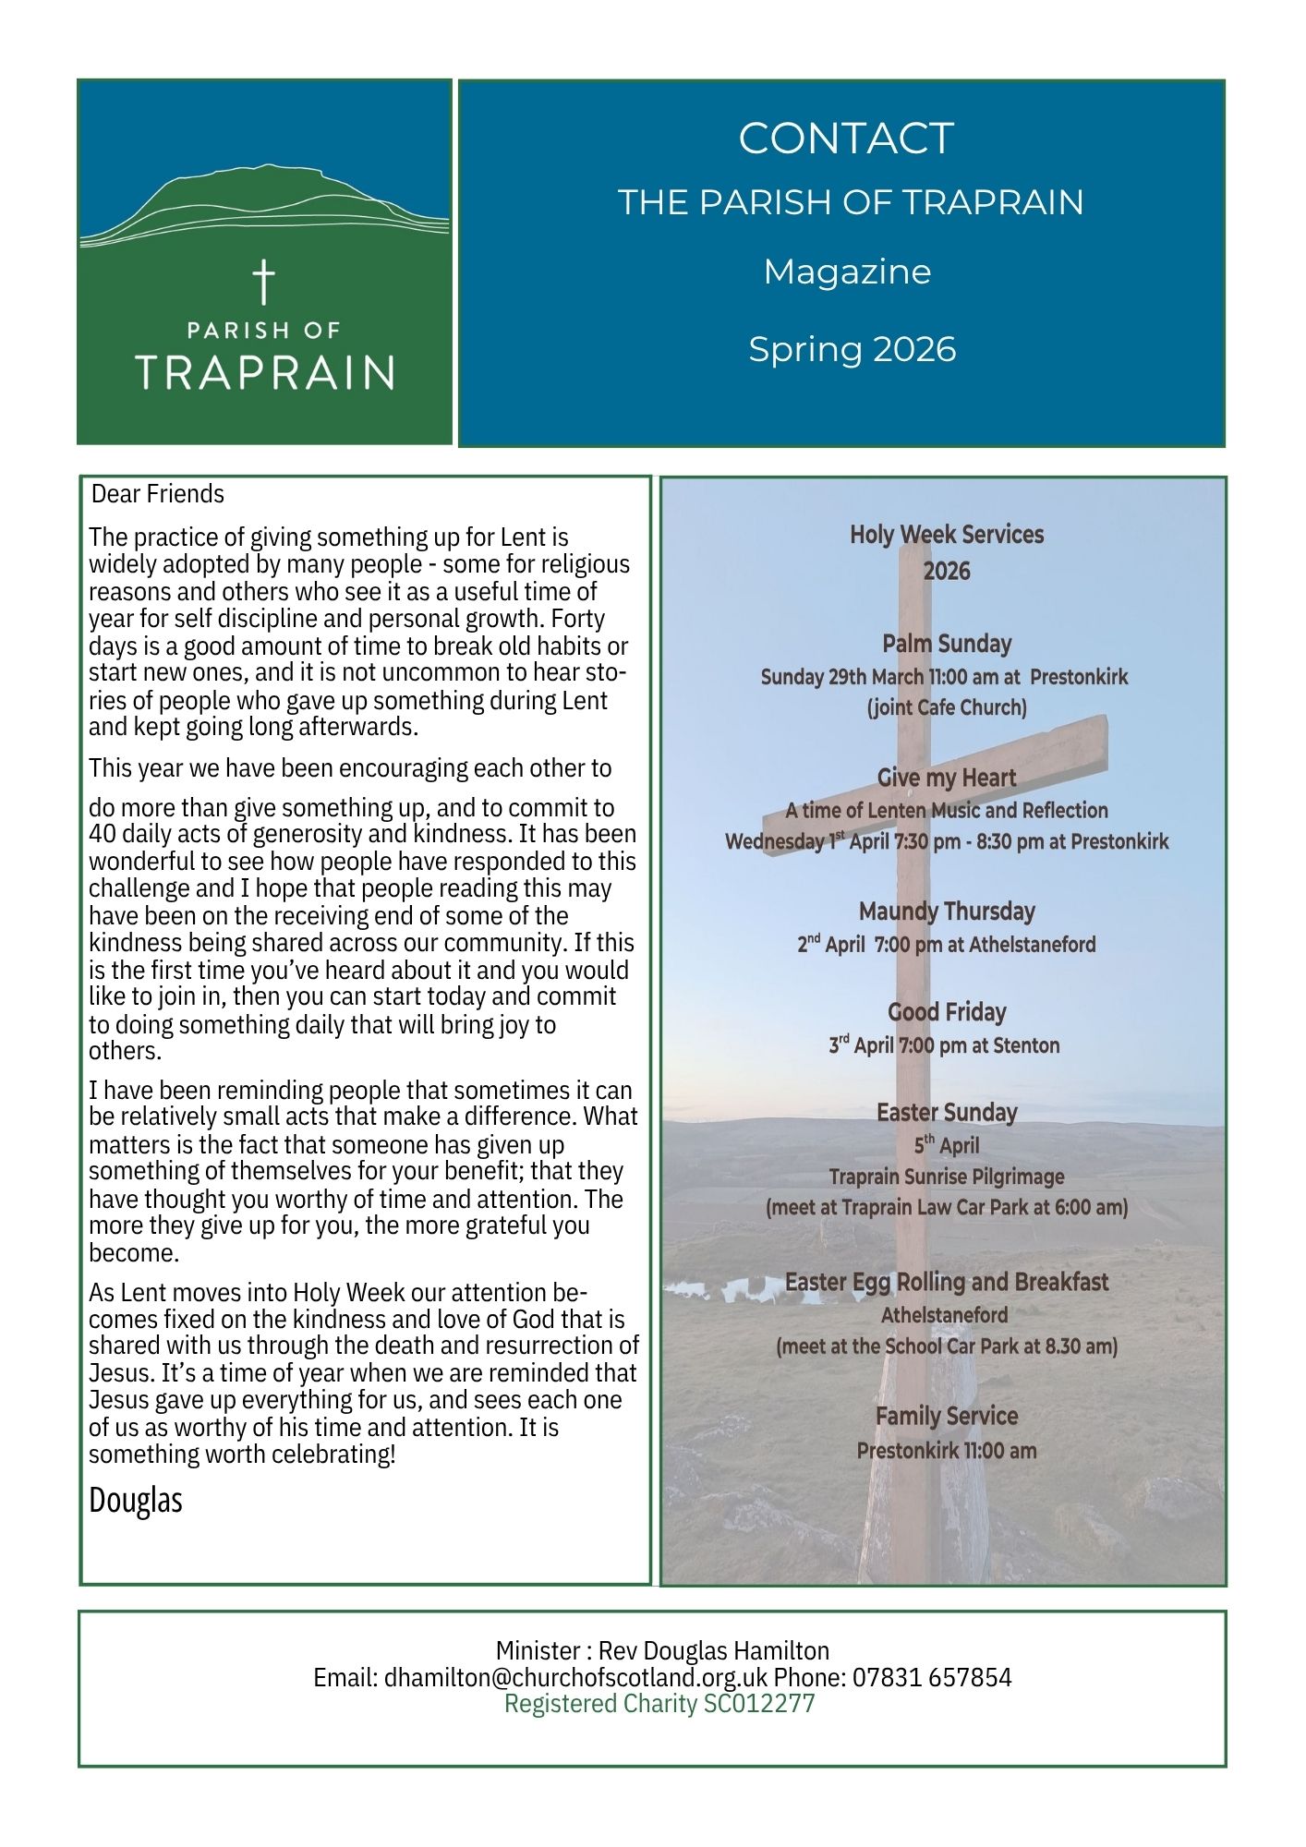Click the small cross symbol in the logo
(x=264, y=282)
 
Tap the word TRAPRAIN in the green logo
(x=265, y=372)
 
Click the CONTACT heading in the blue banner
(x=845, y=139)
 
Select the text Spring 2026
(x=852, y=349)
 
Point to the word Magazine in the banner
(x=847, y=272)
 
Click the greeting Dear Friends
(x=158, y=494)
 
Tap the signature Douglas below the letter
(x=136, y=1500)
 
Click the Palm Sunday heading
(x=946, y=644)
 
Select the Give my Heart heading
(x=946, y=778)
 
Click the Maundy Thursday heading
(x=946, y=911)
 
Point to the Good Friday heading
(x=946, y=1012)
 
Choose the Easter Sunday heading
(x=946, y=1113)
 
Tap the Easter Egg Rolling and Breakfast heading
(x=946, y=1282)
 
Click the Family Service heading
(x=946, y=1416)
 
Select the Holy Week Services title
(x=946, y=535)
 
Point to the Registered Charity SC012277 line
(x=659, y=1703)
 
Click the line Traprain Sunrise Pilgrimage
(x=946, y=1177)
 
